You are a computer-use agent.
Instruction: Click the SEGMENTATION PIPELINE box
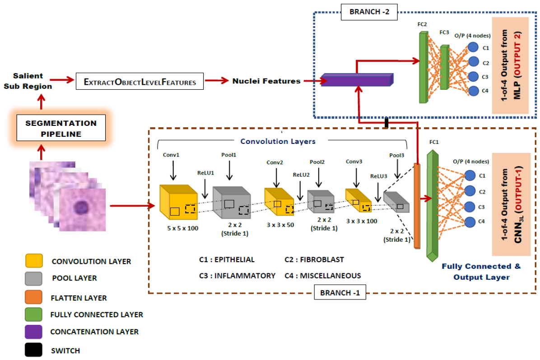pos(61,129)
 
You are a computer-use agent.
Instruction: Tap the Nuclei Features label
pos(266,81)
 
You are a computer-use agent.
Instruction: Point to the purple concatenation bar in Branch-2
pos(357,80)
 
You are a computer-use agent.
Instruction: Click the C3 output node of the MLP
pos(473,77)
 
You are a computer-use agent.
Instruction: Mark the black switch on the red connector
pos(386,122)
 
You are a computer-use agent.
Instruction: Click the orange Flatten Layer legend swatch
pos(34,298)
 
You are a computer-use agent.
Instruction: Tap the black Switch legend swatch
pos(34,350)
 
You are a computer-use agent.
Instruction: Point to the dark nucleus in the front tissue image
pos(81,208)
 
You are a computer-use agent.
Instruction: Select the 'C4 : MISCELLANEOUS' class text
pos(322,276)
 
